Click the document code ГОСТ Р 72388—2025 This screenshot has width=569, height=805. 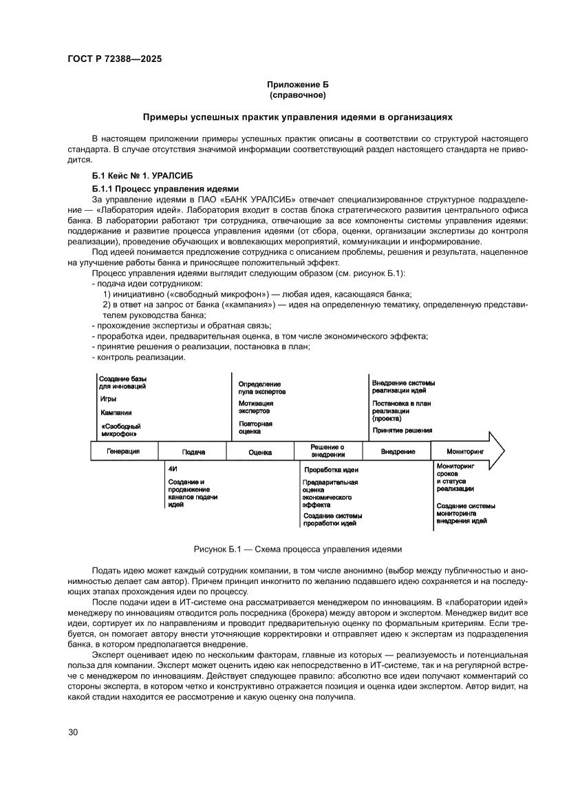115,59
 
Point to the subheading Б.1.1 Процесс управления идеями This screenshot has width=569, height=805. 165,188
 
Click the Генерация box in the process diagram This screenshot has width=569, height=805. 124,451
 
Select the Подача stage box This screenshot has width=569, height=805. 193,452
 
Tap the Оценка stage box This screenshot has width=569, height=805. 260,452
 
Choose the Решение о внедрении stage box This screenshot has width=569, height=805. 328,451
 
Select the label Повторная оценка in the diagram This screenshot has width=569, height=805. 256,427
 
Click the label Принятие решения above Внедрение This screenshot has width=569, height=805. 402,430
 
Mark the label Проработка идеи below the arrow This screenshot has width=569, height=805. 331,470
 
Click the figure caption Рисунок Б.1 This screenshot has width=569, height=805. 297,549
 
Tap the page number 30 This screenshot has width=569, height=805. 73,731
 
